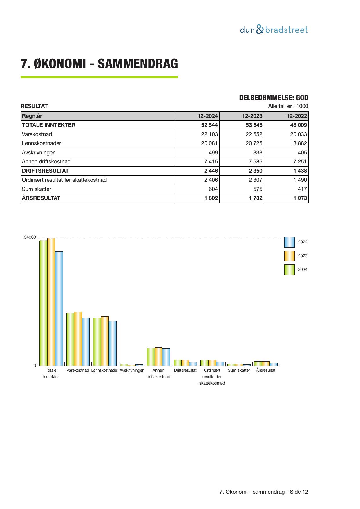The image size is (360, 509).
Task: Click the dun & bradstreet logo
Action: tap(274, 30)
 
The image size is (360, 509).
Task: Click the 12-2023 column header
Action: tap(252, 116)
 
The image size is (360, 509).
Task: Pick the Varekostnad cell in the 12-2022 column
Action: tap(298, 134)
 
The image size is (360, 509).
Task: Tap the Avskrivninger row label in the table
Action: tap(38, 153)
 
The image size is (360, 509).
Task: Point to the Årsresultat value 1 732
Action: tap(255, 198)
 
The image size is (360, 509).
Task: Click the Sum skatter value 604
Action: tap(213, 189)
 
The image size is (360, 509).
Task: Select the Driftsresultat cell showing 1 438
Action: tap(300, 171)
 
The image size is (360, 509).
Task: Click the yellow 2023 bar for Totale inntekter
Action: tap(51, 302)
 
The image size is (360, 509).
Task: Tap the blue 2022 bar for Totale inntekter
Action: tap(59, 308)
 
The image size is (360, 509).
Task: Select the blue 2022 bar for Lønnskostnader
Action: tap(113, 343)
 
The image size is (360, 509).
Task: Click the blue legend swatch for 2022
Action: tap(289, 242)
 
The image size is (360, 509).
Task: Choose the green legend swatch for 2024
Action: tap(289, 270)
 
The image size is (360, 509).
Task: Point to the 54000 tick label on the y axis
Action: tap(30, 237)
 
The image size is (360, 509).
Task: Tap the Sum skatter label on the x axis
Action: tap(239, 371)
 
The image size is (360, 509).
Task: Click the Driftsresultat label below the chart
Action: tap(185, 371)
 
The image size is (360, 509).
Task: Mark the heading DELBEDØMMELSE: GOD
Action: tap(274, 98)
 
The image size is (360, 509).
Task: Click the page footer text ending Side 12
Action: tap(264, 492)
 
